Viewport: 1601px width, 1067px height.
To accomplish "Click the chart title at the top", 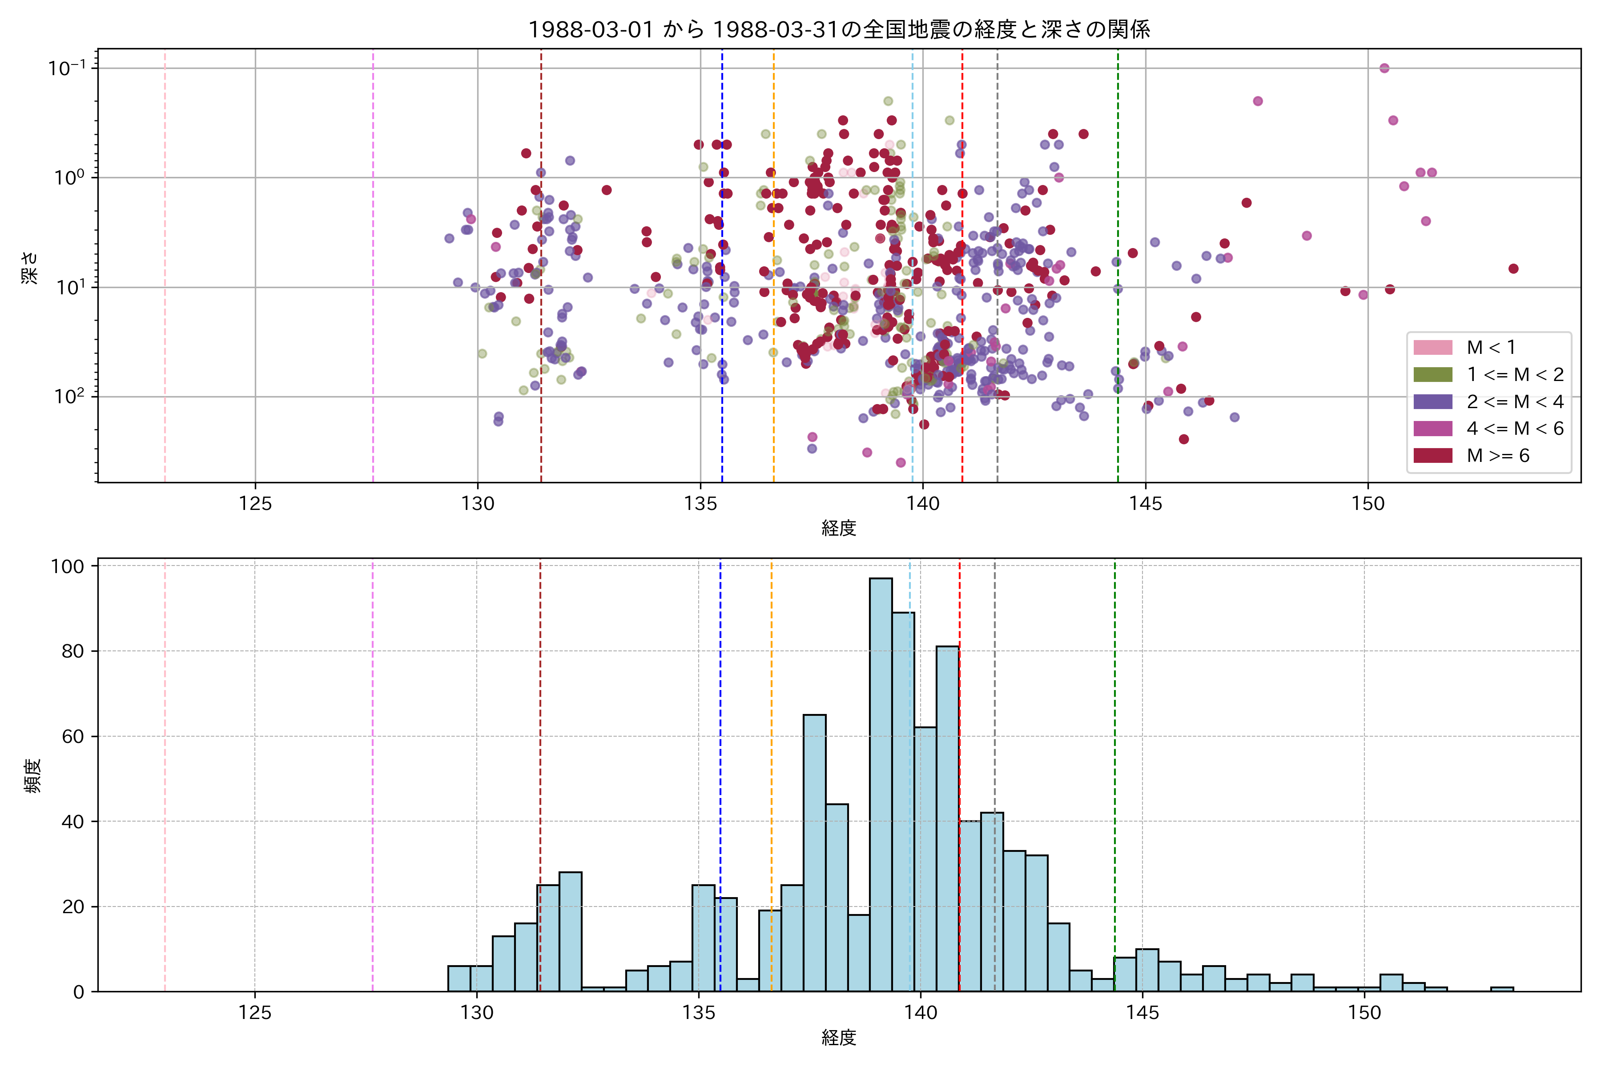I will click(x=839, y=29).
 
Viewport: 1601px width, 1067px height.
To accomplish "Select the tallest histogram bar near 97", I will click(x=881, y=782).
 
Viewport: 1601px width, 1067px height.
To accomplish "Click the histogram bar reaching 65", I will click(x=814, y=850).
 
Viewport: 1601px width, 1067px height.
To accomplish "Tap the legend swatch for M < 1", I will click(x=1433, y=347).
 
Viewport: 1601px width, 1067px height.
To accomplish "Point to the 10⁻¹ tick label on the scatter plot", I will click(x=67, y=68).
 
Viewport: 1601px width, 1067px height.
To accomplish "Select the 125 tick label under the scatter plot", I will click(x=255, y=504).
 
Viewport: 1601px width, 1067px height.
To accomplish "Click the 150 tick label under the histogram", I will click(x=1364, y=1013).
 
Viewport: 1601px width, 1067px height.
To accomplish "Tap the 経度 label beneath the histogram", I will click(x=839, y=1038).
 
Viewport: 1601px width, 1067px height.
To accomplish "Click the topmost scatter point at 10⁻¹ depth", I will click(x=1384, y=68).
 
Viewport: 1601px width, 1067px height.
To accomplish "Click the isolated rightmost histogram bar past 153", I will click(x=1502, y=989).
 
